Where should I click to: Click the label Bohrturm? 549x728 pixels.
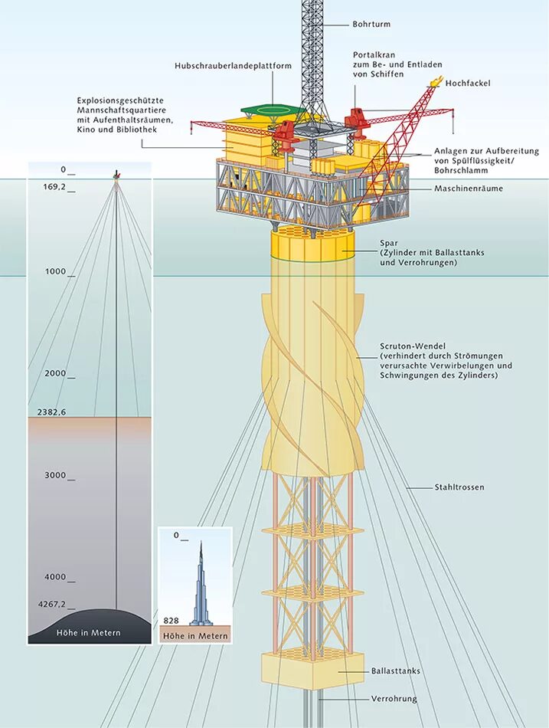click(x=371, y=25)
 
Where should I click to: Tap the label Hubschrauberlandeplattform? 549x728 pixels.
click(x=234, y=66)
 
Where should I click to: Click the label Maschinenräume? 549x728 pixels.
click(x=469, y=189)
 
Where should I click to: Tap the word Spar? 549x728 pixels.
click(x=389, y=242)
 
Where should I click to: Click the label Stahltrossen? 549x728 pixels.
click(x=459, y=487)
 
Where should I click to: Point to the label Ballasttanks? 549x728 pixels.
click(x=396, y=671)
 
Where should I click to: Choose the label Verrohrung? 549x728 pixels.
click(x=394, y=699)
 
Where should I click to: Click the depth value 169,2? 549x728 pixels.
click(x=54, y=186)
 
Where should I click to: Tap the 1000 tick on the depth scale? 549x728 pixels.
click(x=58, y=272)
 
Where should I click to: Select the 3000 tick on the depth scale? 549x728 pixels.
click(x=58, y=476)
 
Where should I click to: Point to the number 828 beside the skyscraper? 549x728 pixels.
click(x=171, y=619)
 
